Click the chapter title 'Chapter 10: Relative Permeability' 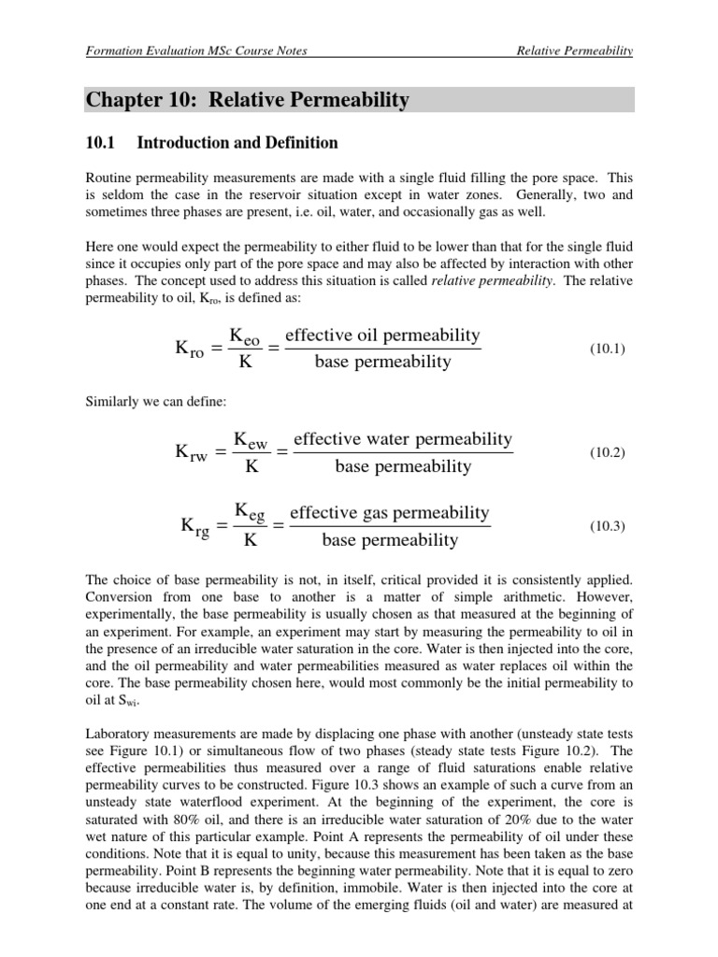(248, 99)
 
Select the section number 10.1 (98, 143)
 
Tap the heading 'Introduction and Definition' (237, 143)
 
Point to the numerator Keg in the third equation (250, 513)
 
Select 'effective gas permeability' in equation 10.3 (390, 513)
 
